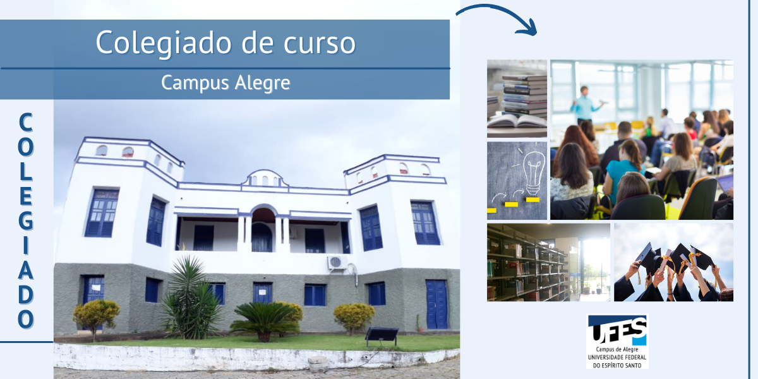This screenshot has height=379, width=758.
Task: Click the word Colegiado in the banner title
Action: (x=164, y=44)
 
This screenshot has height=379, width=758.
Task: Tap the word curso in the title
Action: (x=320, y=44)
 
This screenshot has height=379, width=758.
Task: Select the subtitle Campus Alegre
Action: (x=226, y=83)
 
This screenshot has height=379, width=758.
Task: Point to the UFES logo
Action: (x=617, y=342)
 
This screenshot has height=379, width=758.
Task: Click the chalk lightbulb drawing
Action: (x=533, y=173)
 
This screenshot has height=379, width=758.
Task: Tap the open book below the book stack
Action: (x=517, y=121)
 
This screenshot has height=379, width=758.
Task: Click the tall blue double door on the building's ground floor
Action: (x=436, y=304)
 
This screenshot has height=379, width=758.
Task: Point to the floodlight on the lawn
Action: (x=382, y=335)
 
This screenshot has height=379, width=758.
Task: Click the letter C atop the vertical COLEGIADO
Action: (x=26, y=122)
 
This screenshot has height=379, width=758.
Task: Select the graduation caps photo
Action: (x=673, y=262)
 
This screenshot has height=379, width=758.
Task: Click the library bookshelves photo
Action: (x=548, y=262)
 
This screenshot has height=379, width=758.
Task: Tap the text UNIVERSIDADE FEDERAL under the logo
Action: (x=617, y=358)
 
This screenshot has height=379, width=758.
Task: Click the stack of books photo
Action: (x=517, y=99)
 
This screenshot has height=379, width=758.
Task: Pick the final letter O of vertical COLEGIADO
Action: (x=26, y=319)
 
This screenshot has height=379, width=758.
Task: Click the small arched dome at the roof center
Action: (x=264, y=178)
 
